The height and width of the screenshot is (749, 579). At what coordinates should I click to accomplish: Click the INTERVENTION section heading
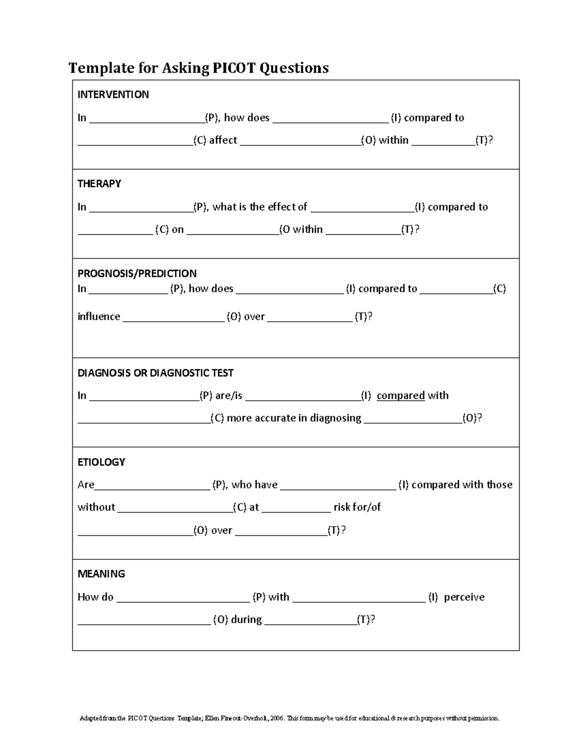(x=113, y=95)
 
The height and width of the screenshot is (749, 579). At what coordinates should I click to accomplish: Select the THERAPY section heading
(x=99, y=184)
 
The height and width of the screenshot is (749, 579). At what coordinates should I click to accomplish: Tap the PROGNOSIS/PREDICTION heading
(x=137, y=273)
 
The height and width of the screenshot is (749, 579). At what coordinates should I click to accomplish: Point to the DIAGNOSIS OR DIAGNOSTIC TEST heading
(x=155, y=373)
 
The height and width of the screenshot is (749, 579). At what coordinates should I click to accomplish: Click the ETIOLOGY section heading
(x=101, y=462)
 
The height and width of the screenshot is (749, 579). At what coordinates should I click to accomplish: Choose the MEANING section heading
(x=101, y=574)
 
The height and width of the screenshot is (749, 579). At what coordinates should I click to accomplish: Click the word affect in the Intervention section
(x=223, y=140)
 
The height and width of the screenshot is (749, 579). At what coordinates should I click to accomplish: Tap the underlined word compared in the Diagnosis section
(x=400, y=395)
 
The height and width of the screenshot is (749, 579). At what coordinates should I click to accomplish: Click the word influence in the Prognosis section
(x=99, y=317)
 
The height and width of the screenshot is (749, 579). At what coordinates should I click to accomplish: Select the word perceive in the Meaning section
(x=464, y=597)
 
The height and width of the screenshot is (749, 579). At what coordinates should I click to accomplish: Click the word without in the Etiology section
(x=96, y=507)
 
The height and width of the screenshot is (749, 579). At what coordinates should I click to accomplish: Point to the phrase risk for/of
(x=357, y=507)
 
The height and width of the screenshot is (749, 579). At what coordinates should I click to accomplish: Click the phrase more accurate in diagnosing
(x=294, y=418)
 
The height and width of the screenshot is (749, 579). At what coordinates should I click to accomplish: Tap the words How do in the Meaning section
(x=96, y=597)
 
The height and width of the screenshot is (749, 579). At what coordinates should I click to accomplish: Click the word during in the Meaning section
(x=246, y=620)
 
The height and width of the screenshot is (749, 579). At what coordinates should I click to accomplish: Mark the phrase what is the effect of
(x=260, y=207)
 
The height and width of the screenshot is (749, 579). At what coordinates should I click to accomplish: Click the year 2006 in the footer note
(x=277, y=719)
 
